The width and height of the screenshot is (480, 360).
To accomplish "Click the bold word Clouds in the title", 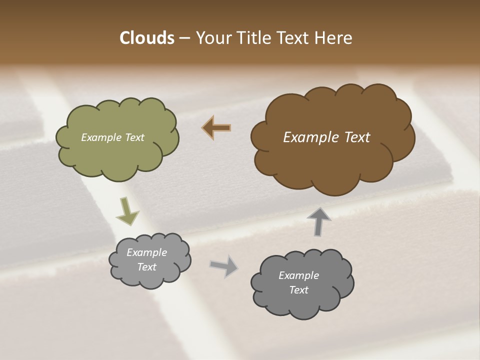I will tap(146, 38).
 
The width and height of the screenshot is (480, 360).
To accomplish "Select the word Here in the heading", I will tap(334, 38).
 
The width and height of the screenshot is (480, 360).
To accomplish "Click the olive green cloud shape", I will tap(117, 157).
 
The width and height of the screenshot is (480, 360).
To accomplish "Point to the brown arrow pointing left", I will tap(216, 128).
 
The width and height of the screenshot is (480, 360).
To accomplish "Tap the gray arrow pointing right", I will tap(224, 265).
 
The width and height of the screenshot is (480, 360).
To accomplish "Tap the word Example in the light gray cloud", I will tap(146, 252).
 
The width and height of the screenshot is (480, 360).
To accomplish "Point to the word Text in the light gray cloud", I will tap(146, 267).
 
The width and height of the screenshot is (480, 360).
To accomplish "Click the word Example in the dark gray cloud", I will tap(298, 275).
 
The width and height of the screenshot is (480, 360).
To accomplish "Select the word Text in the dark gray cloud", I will tap(298, 290).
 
